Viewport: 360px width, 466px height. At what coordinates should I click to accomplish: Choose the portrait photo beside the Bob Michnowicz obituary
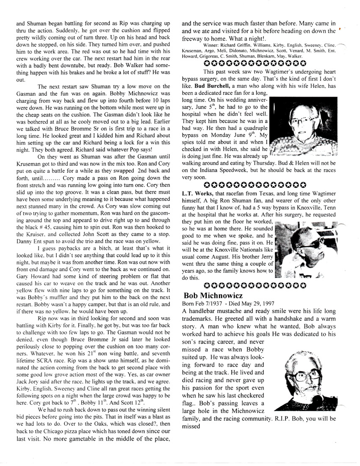point(306,377)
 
